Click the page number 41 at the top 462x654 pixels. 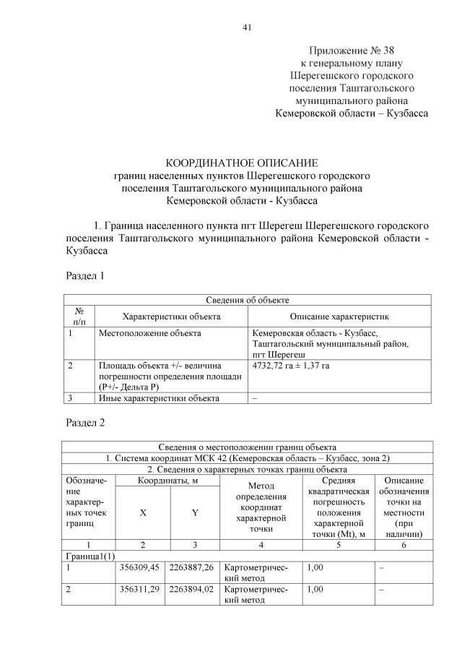pos(247,27)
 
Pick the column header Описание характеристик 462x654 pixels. pos(339,317)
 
